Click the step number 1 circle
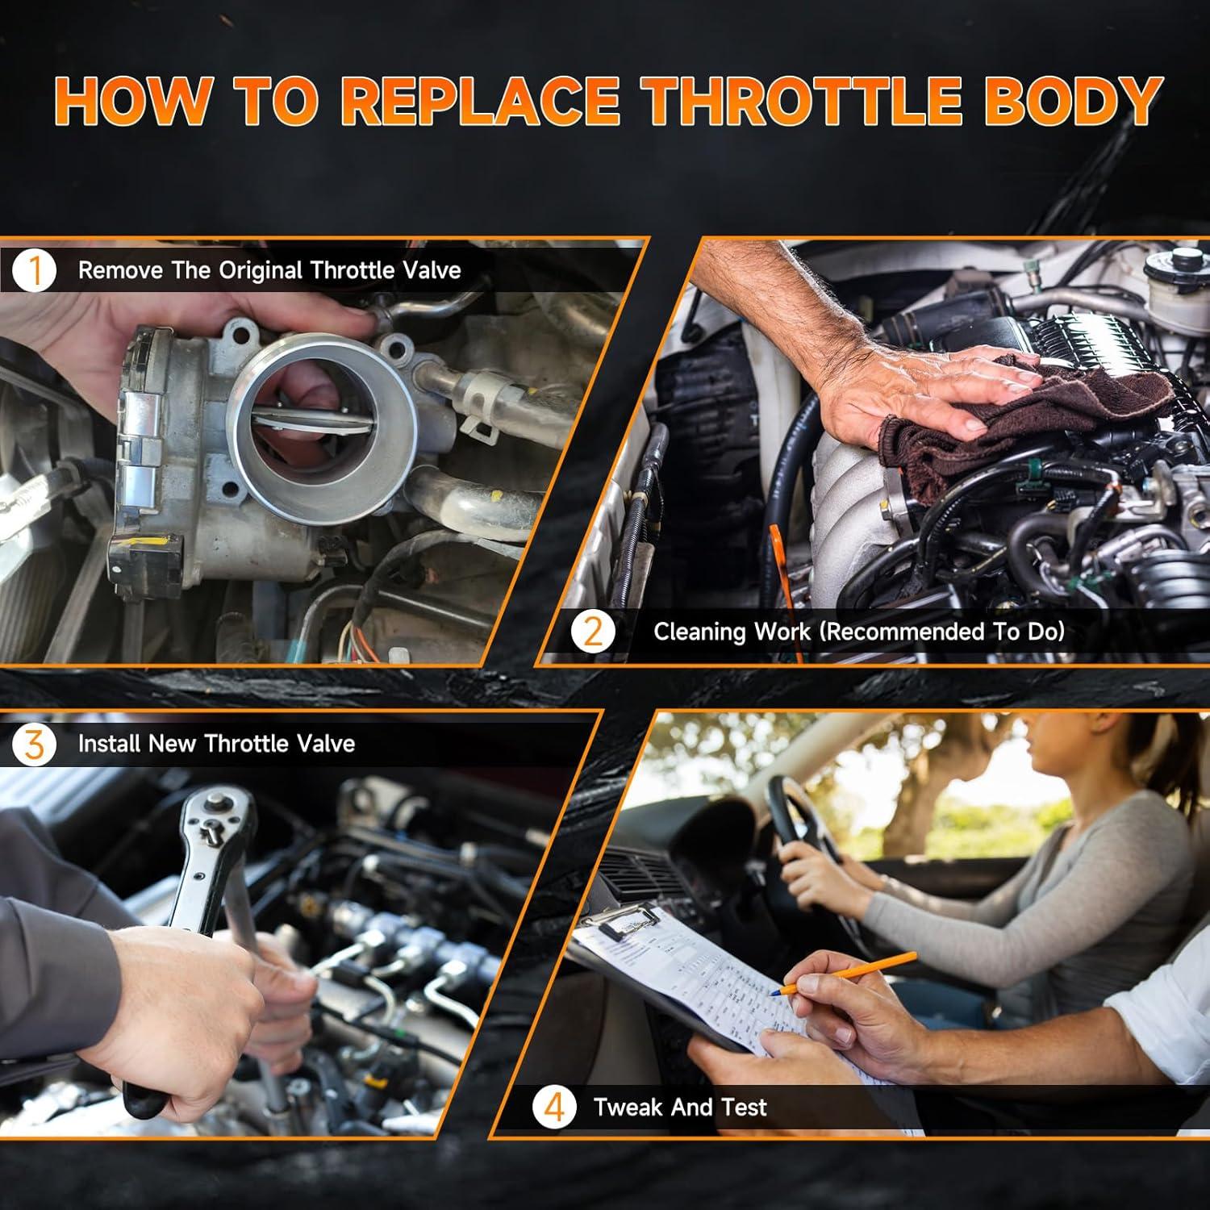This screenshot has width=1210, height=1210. pos(34,270)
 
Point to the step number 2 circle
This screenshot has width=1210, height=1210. pos(593,631)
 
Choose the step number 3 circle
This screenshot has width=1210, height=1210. pos(34,743)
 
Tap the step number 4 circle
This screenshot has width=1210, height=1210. pos(554,1107)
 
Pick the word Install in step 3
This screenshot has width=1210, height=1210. pos(109,743)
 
